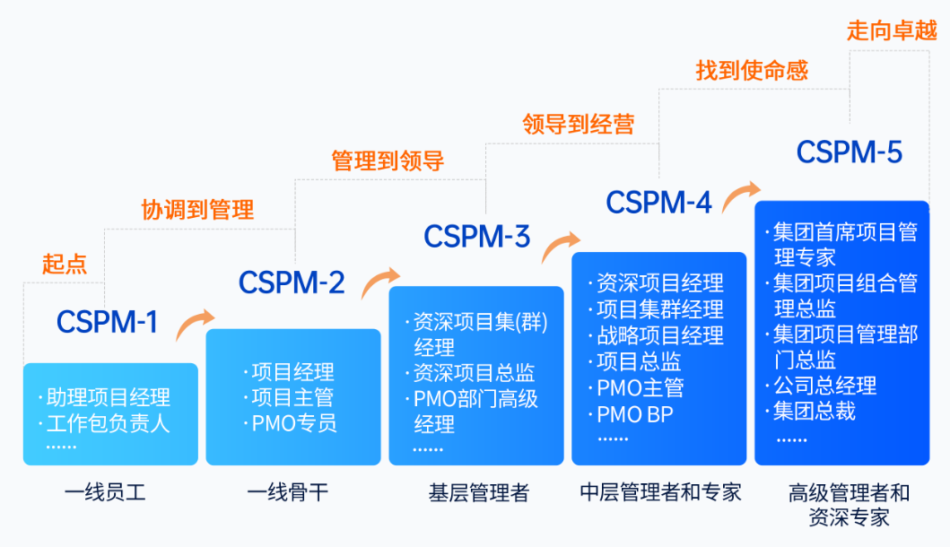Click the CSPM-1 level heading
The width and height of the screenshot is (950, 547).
[x=107, y=322]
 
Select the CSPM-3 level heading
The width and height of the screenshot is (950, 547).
[x=476, y=237]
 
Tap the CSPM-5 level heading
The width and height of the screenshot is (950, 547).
[x=849, y=152]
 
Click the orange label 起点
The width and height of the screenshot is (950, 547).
[x=65, y=264]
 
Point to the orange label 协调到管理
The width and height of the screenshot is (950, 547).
[x=197, y=210]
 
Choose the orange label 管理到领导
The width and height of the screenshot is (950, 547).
[x=388, y=161]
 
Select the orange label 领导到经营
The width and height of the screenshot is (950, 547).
[x=579, y=125]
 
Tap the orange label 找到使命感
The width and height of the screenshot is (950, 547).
[x=752, y=70]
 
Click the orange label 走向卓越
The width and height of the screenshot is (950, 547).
[x=892, y=30]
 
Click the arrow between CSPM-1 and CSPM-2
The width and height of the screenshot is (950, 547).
[x=195, y=324]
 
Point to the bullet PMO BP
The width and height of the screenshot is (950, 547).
[x=635, y=414]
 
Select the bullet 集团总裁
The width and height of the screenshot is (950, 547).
[x=814, y=411]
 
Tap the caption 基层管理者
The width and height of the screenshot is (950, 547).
[x=479, y=492]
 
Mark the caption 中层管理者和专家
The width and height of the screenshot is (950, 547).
[x=660, y=492]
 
